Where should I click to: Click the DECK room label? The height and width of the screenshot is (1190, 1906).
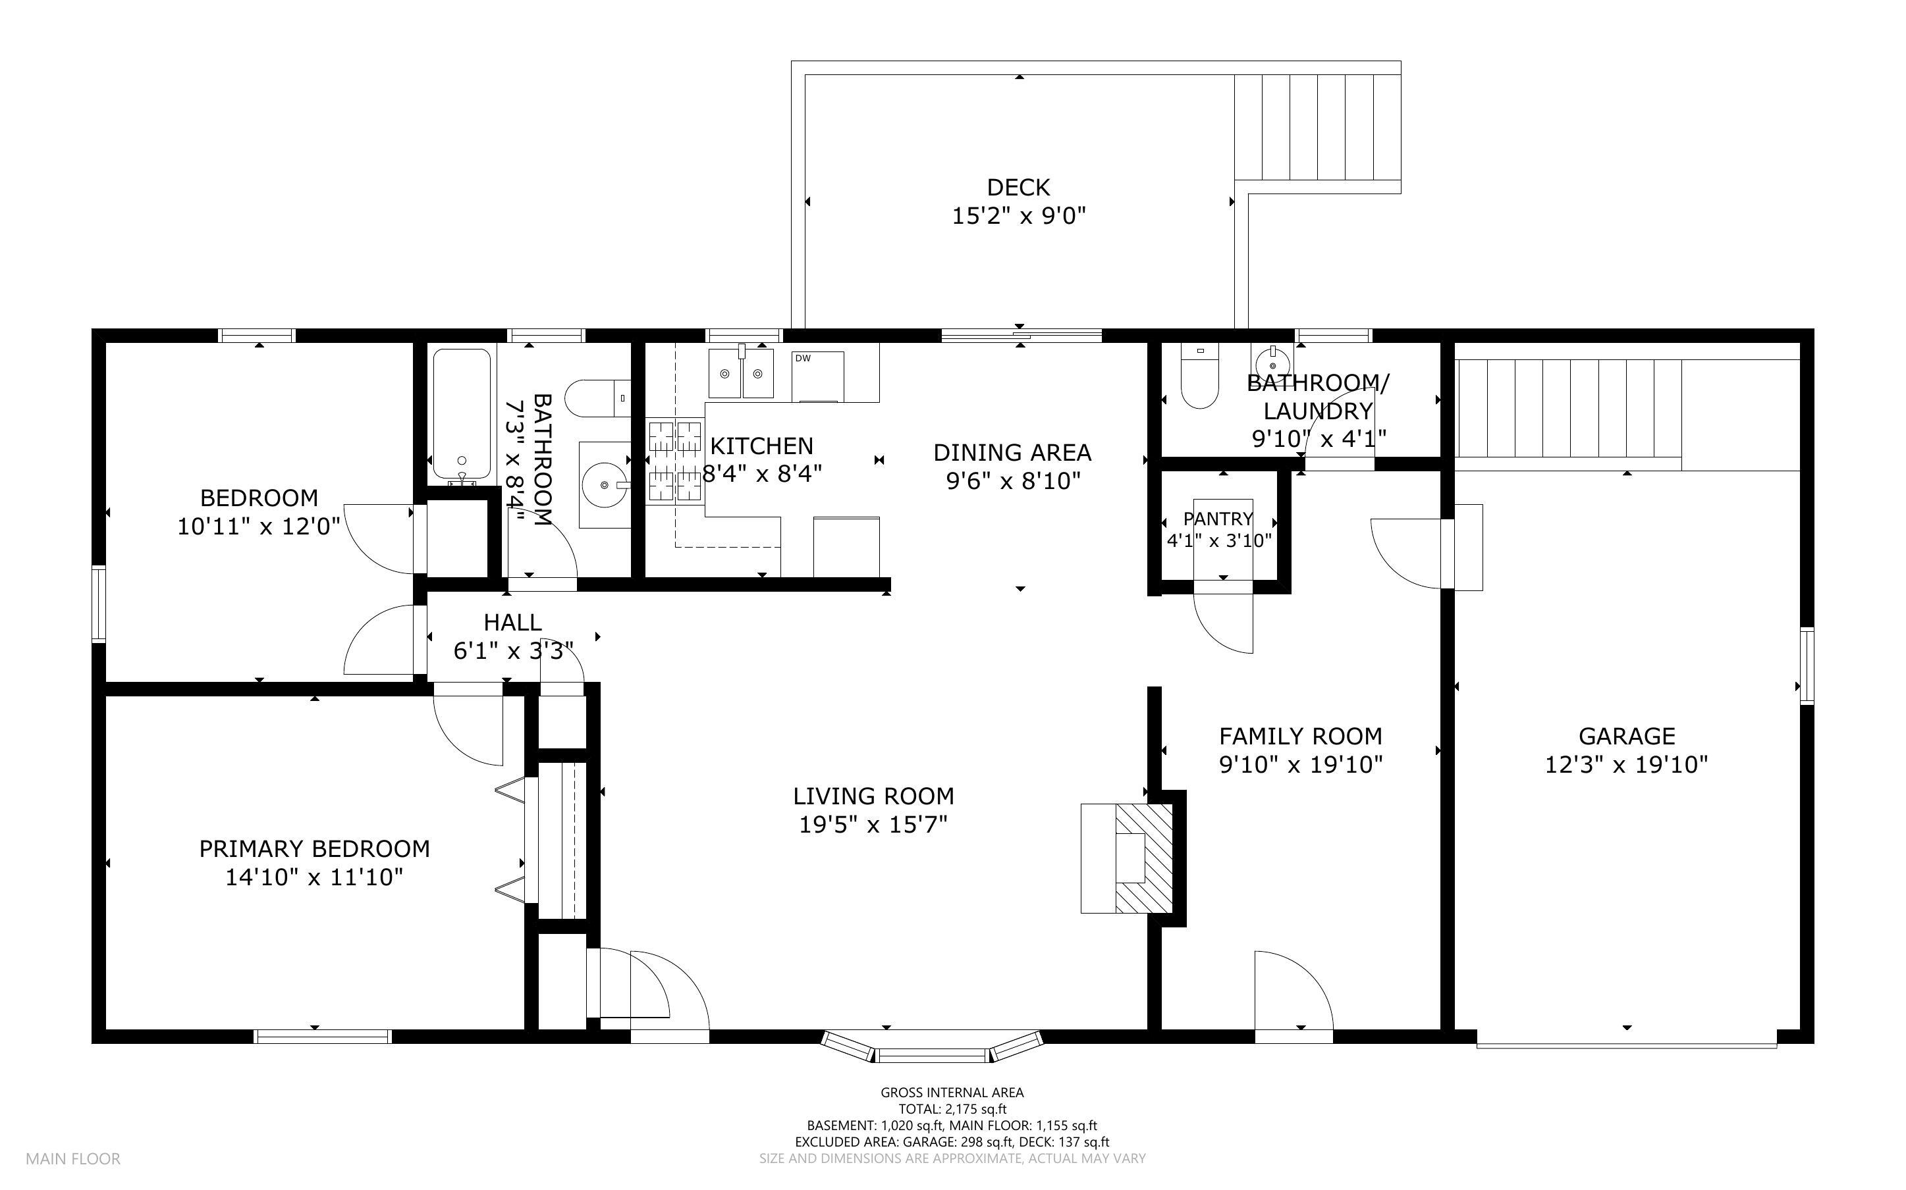[1018, 188]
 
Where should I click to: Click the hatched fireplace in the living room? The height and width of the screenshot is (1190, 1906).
[1144, 858]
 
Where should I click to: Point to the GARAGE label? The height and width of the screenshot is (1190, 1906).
[1627, 736]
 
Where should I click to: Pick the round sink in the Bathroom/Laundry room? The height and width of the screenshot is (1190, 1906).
[1273, 363]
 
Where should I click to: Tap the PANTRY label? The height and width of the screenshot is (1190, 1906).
[1218, 519]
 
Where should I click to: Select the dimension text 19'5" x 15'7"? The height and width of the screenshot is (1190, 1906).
[873, 824]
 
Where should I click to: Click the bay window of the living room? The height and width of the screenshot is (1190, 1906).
[932, 1049]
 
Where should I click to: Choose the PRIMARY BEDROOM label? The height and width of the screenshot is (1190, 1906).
[314, 848]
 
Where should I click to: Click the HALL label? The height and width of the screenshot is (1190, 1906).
[512, 623]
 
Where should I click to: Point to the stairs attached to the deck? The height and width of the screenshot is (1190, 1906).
[1317, 127]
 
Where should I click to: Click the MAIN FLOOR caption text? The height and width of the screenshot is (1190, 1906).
[73, 1158]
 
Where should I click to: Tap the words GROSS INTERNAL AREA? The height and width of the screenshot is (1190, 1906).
[952, 1093]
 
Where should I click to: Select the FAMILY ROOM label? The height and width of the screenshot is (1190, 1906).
[1301, 736]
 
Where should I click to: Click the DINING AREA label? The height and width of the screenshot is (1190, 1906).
[1012, 453]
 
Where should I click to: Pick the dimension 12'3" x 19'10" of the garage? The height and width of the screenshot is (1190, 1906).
[1627, 764]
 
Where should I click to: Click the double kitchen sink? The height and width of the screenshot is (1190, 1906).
[741, 373]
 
